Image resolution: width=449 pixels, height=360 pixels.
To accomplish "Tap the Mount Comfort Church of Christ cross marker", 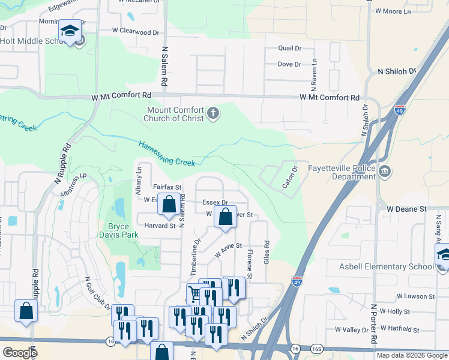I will click(213, 113).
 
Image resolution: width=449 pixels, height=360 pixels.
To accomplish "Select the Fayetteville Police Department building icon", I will click(384, 173).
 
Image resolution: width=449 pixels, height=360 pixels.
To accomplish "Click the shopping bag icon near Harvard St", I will click(169, 205).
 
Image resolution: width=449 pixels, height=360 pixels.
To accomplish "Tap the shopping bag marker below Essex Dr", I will click(225, 218).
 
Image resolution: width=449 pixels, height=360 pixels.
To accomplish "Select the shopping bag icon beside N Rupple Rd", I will click(26, 311).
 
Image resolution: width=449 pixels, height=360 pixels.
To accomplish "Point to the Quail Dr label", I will click(289, 48).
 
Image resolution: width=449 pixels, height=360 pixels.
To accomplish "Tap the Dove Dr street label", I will click(289, 64).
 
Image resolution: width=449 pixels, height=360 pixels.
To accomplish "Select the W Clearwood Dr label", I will click(136, 31).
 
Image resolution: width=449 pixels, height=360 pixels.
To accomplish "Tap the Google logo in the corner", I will click(19, 352).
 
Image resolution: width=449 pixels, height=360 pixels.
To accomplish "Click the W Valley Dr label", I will click(352, 329).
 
